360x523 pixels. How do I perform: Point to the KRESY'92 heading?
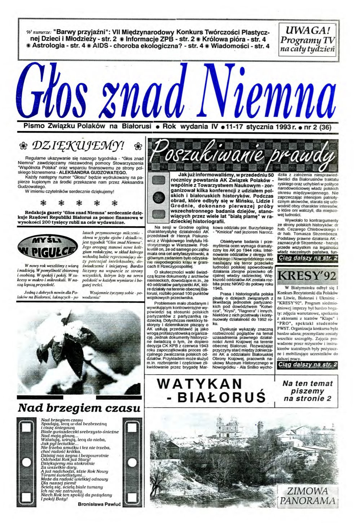click(307, 276)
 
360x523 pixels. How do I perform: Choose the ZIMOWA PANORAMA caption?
click(308, 496)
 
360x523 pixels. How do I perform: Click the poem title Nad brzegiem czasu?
click(79, 408)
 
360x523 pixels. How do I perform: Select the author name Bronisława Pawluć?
click(99, 505)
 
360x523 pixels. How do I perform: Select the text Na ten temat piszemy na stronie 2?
click(307, 391)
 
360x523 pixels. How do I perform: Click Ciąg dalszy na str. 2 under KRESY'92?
click(307, 365)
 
